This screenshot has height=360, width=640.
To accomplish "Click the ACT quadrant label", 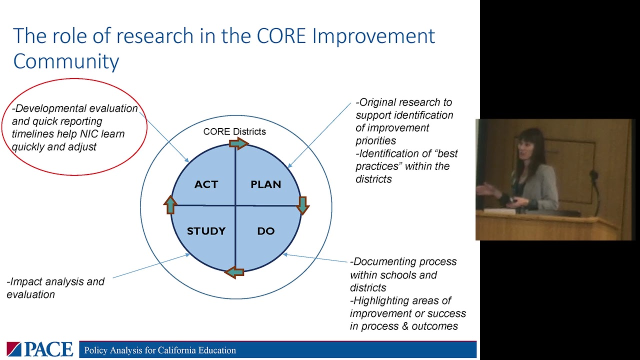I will [x=206, y=184].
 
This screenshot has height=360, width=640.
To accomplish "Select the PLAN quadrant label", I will [x=265, y=184].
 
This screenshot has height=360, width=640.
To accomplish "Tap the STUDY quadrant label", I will [x=206, y=231].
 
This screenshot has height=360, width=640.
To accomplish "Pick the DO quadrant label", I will [x=265, y=231].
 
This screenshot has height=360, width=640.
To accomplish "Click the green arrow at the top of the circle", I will [x=238, y=144].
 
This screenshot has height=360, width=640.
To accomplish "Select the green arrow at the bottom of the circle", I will [x=234, y=272].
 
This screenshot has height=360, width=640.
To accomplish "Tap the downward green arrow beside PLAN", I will [x=302, y=204].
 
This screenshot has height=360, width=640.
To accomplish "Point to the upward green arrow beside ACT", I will [x=170, y=204].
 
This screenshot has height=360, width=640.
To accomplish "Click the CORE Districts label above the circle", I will [x=234, y=131].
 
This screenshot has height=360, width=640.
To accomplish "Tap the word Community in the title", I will [x=66, y=61].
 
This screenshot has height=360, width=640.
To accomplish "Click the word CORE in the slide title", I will [x=280, y=36].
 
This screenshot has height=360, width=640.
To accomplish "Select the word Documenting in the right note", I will [x=382, y=261].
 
